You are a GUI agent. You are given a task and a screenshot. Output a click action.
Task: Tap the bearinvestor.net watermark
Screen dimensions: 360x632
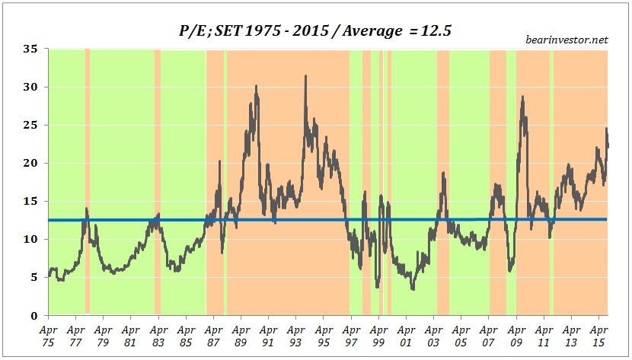tap(567, 40)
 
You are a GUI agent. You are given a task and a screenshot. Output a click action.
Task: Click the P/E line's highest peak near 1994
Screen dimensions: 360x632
tap(305, 76)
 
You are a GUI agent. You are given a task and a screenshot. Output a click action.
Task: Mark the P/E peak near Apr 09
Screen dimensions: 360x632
tap(522, 97)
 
